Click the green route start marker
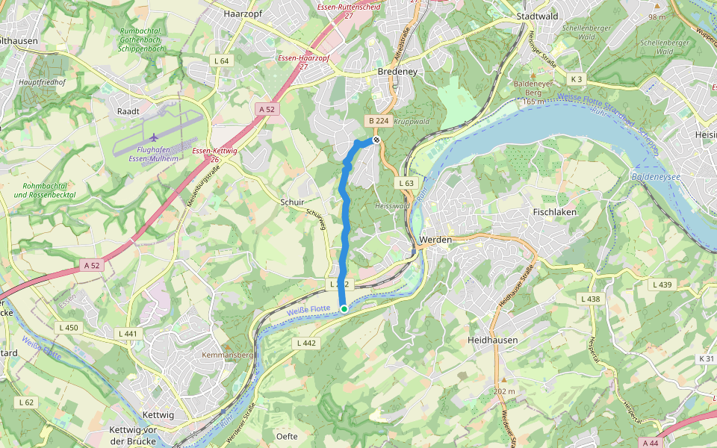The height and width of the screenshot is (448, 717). tap(344, 308)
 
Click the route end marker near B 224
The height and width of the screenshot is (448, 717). tap(377, 140)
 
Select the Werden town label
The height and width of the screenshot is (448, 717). tap(435, 239)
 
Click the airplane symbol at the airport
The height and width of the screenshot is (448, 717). tap(155, 137)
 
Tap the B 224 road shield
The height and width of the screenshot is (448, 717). tap(378, 121)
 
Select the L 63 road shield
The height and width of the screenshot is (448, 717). tap(406, 183)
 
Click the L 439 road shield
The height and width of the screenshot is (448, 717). tap(662, 284)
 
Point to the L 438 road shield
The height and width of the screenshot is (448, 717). tap(589, 299)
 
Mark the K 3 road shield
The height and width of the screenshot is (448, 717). tap(576, 79)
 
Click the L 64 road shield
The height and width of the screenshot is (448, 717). tap(221, 60)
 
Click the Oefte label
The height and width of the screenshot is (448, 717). tap(287, 436)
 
